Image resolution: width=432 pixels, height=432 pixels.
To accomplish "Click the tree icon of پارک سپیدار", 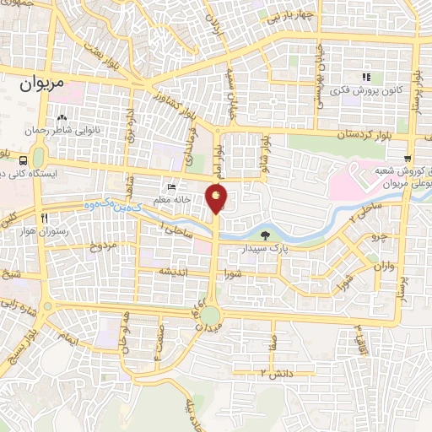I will (x=267, y=235).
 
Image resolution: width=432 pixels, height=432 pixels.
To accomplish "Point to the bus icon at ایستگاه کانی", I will (x=38, y=158).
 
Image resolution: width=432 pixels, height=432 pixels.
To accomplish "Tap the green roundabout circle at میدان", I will (x=210, y=316).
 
